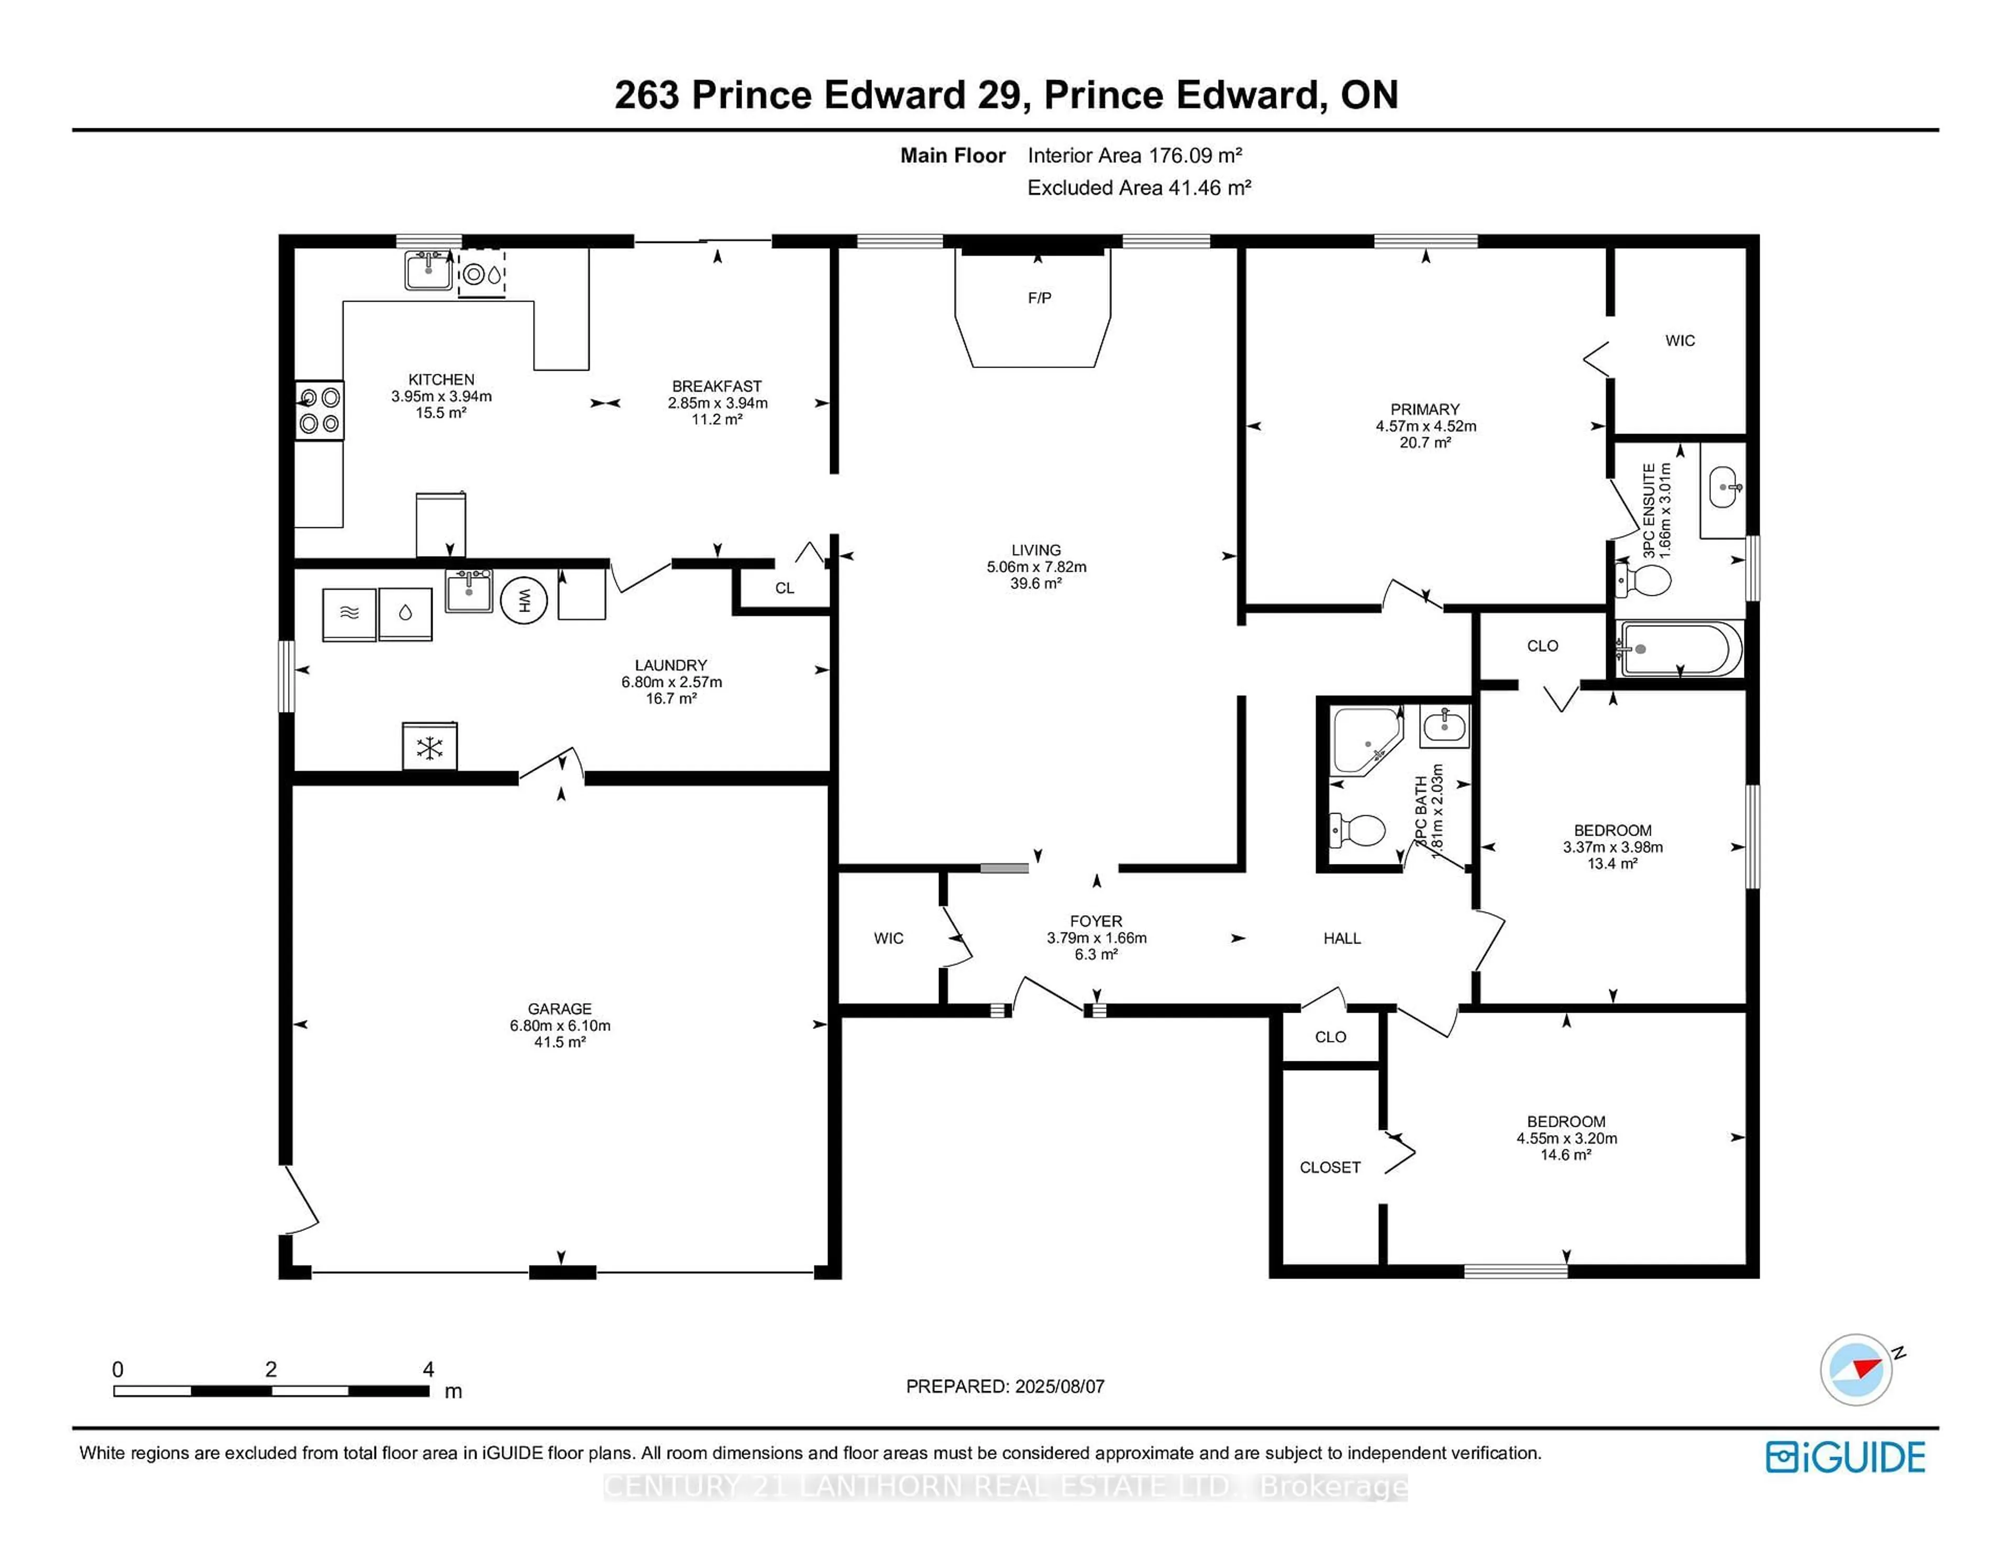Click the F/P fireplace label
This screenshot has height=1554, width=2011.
click(x=1038, y=297)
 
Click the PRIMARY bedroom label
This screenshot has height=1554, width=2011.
click(x=1424, y=409)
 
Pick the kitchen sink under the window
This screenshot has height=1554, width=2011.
click(x=428, y=271)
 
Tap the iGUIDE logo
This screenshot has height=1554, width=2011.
click(x=1844, y=1457)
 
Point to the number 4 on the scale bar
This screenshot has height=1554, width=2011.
click(x=428, y=1369)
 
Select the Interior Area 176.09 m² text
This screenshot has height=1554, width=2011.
click(x=1134, y=156)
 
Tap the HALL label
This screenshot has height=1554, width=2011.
click(x=1342, y=938)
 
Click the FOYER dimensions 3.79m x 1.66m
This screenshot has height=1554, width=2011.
click(x=1096, y=938)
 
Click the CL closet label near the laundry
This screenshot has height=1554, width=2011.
click(x=784, y=589)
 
